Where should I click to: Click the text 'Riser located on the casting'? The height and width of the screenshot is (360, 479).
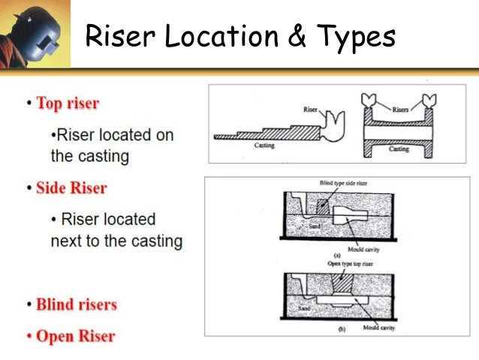(x=110, y=146)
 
